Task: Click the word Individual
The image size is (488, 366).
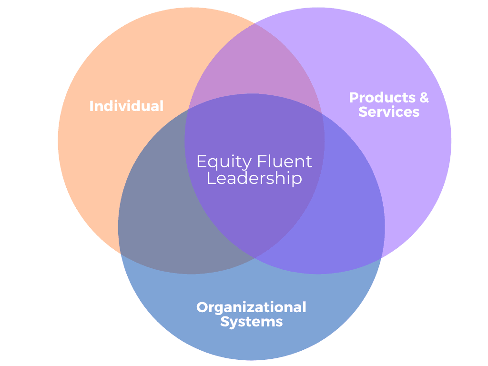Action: click(126, 106)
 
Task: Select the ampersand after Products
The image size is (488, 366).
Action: click(424, 98)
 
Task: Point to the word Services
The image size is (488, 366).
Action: click(389, 112)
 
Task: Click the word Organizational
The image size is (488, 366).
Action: click(251, 307)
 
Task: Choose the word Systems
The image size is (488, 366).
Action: click(251, 322)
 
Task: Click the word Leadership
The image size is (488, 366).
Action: click(254, 178)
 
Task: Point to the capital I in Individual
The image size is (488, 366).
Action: click(92, 106)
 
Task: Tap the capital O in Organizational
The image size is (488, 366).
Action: click(203, 307)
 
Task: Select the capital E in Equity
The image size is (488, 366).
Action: click(201, 162)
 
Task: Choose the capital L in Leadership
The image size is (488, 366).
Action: click(211, 178)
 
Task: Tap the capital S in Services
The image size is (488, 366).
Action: click(363, 112)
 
